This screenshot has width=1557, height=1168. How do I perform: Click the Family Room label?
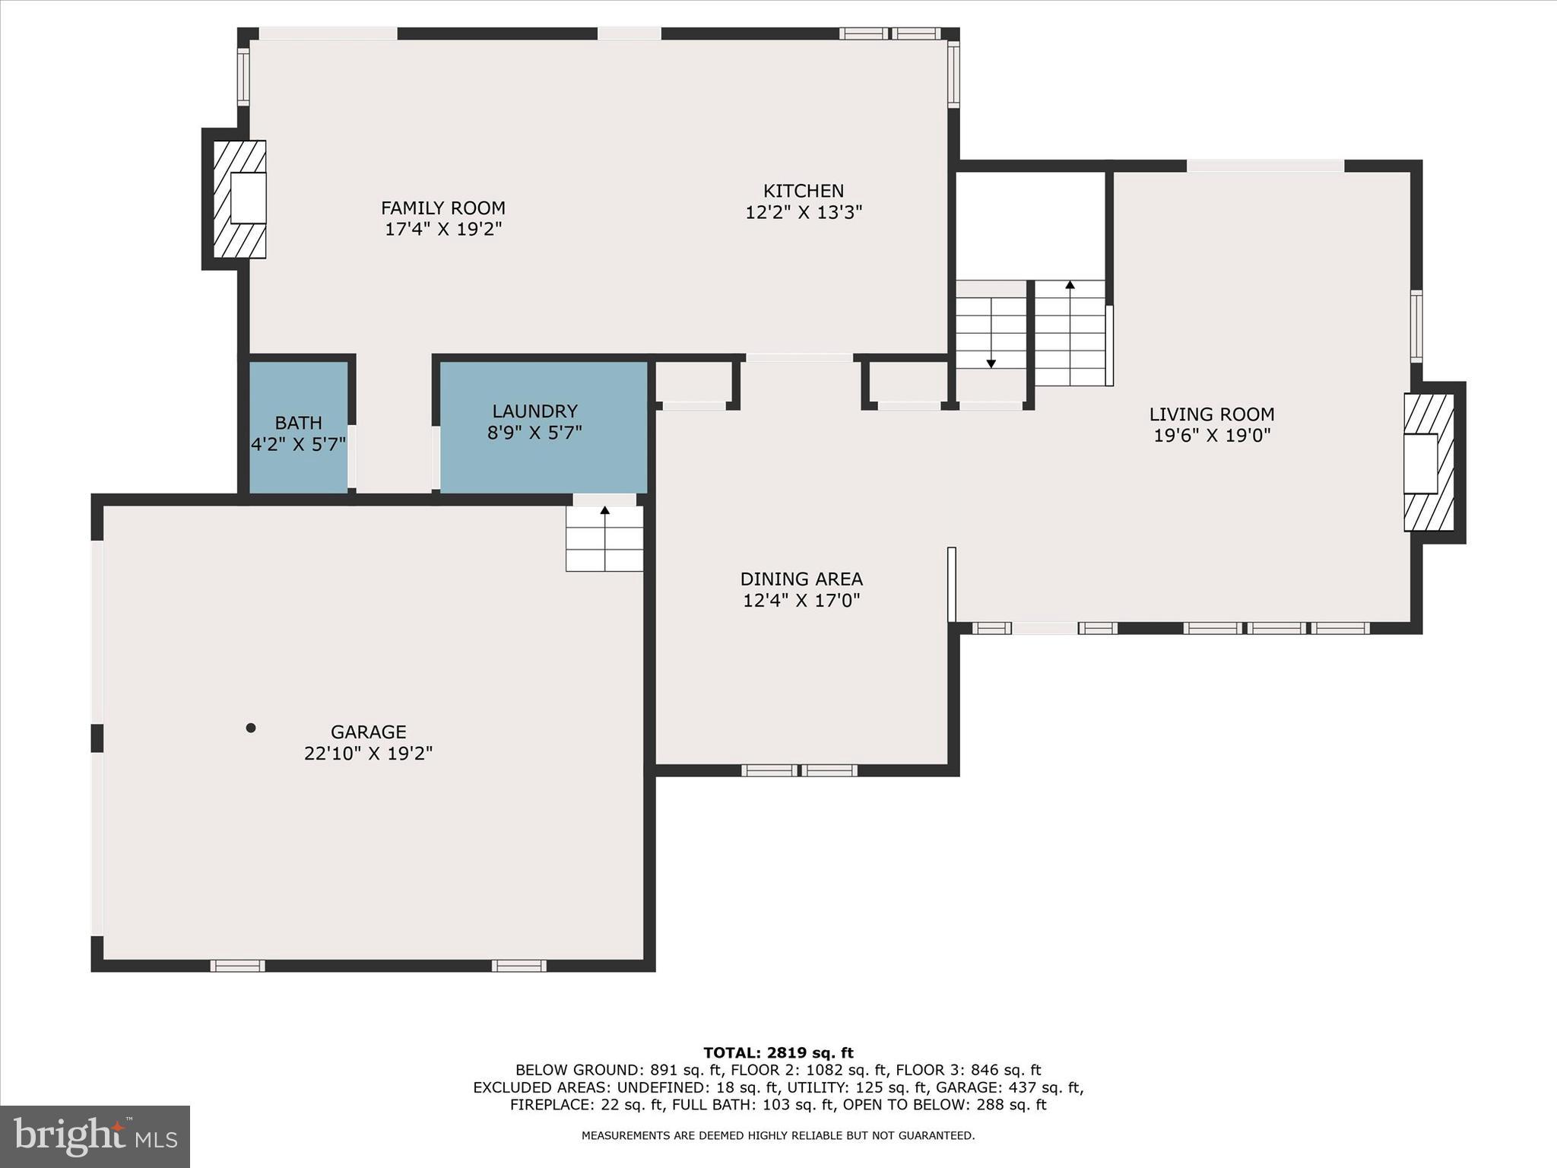[442, 208]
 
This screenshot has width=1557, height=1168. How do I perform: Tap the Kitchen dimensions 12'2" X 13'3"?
[804, 212]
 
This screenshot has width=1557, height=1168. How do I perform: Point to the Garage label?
[368, 732]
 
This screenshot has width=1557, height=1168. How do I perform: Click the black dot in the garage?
[251, 728]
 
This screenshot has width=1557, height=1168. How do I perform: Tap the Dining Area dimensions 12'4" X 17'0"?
[801, 601]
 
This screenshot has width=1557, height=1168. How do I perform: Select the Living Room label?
[1211, 414]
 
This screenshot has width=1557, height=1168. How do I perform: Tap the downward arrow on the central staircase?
[991, 363]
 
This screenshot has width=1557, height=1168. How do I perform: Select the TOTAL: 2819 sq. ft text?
[778, 1053]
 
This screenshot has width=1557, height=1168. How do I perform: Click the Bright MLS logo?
[95, 1137]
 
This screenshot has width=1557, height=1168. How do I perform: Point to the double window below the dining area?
[799, 770]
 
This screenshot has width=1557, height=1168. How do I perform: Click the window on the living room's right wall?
[1416, 325]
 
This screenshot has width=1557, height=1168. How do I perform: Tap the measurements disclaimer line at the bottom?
[778, 1135]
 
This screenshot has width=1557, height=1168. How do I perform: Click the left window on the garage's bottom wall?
[237, 966]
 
